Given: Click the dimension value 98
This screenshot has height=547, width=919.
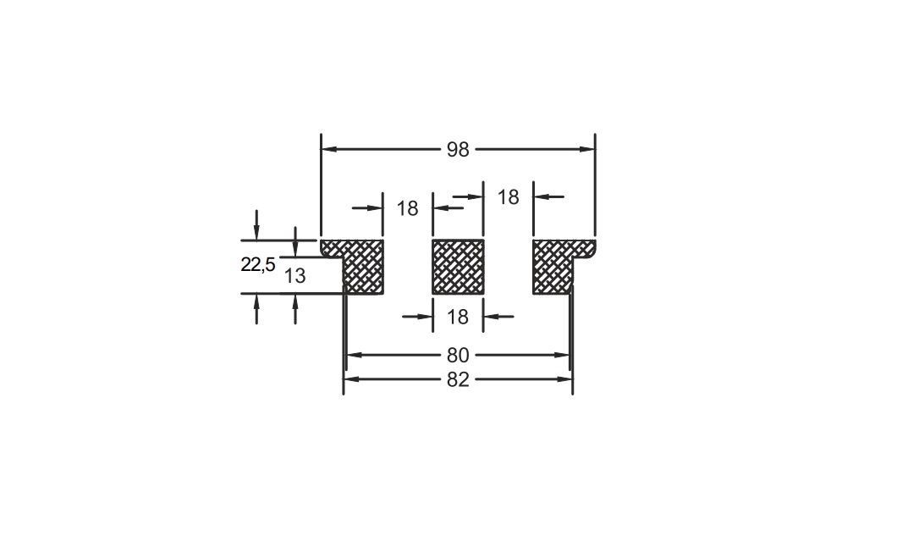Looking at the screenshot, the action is (x=458, y=150).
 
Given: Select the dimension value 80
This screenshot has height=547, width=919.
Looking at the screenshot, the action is (x=458, y=355).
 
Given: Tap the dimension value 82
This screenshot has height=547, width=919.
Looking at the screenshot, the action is (x=458, y=379).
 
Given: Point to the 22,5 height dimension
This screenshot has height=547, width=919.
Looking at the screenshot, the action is (x=258, y=264).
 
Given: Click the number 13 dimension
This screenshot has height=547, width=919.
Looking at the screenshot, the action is (x=294, y=275).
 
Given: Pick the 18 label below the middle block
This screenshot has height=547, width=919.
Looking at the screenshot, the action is (x=458, y=317).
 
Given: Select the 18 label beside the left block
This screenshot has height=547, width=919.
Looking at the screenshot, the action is (x=407, y=208).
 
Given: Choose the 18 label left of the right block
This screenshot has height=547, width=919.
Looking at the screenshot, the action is (x=508, y=197).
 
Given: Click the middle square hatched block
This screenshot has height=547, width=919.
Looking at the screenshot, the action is (x=458, y=267).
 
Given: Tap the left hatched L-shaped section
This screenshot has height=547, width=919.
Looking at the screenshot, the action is (x=363, y=267).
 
